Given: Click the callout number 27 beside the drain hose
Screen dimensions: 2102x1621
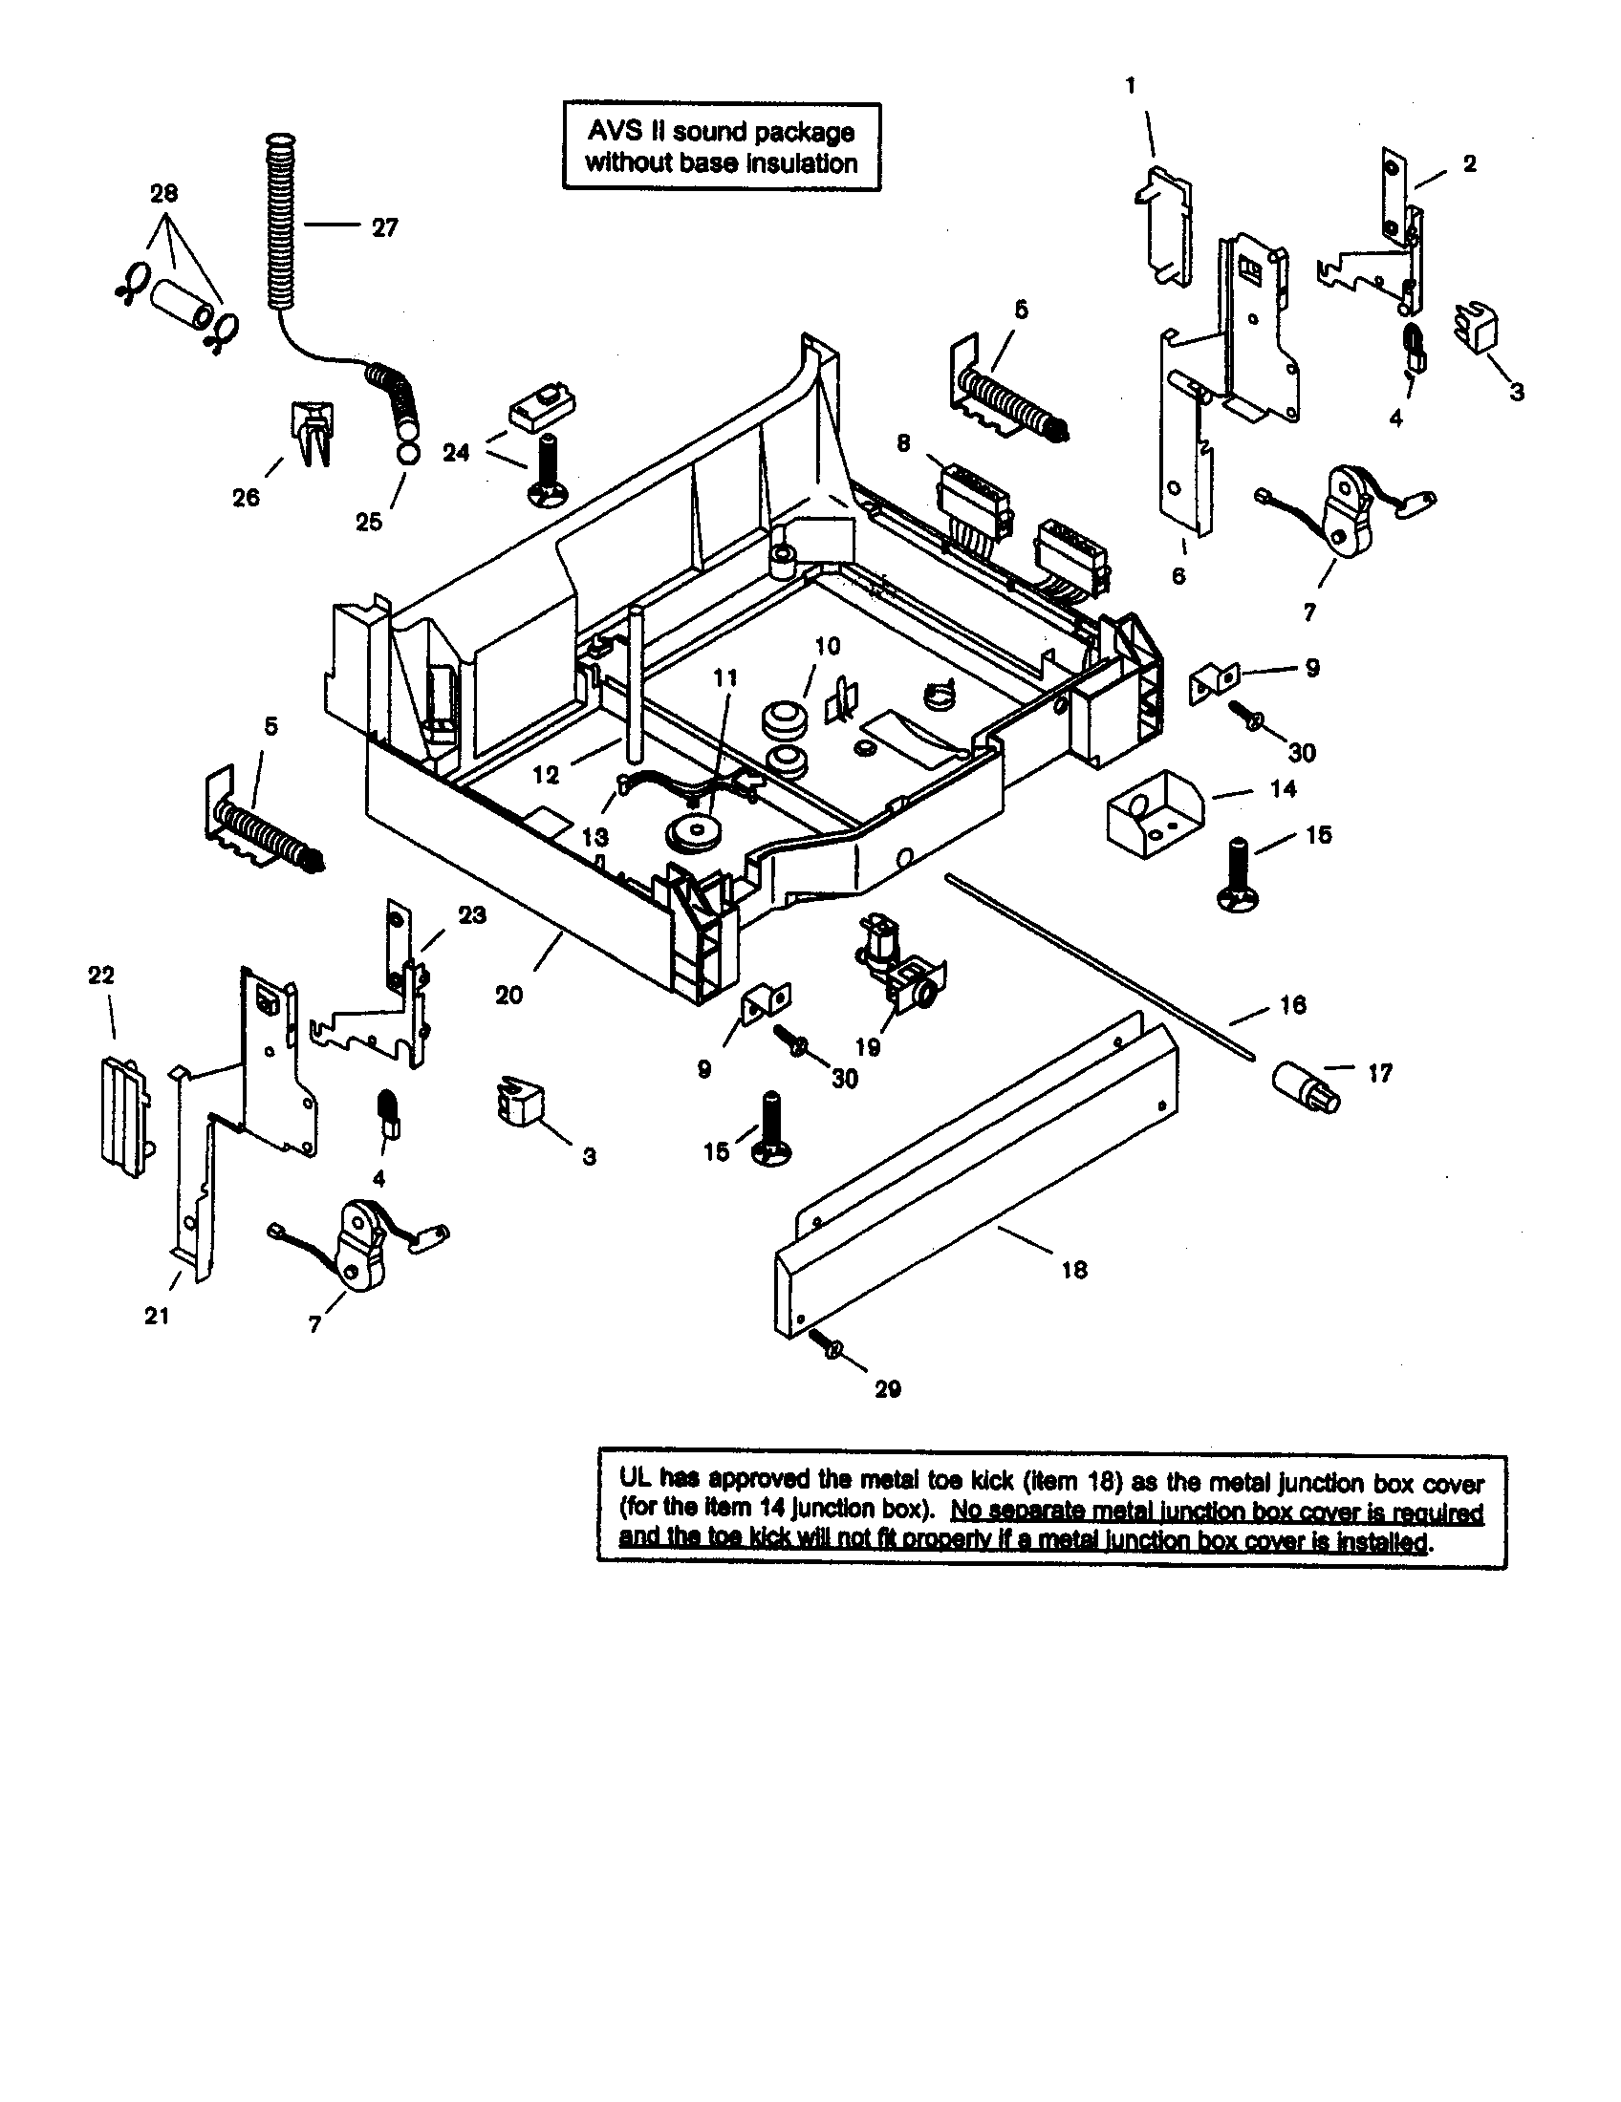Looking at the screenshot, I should pyautogui.click(x=384, y=228).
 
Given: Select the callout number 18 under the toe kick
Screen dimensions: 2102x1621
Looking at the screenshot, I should pyautogui.click(x=1074, y=1270).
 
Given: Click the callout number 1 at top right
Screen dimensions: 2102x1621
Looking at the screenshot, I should pyautogui.click(x=1131, y=86).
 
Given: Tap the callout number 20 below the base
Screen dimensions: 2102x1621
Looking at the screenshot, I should pyautogui.click(x=509, y=996).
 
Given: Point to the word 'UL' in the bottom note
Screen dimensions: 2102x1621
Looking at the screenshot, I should pyautogui.click(x=638, y=1483).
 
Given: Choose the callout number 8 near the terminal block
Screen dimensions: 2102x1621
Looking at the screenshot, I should pyautogui.click(x=903, y=443).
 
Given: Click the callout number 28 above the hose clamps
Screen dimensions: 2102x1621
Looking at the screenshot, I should pyautogui.click(x=164, y=193).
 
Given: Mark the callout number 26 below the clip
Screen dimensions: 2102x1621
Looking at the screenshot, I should pyautogui.click(x=247, y=497).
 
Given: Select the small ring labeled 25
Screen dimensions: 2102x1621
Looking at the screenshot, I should pyautogui.click(x=408, y=454).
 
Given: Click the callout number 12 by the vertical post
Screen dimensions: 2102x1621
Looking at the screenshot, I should pyautogui.click(x=546, y=774).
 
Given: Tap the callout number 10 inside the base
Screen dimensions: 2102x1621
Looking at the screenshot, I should pyautogui.click(x=828, y=646).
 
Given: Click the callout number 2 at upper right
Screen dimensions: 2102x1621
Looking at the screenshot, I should pyautogui.click(x=1469, y=163).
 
